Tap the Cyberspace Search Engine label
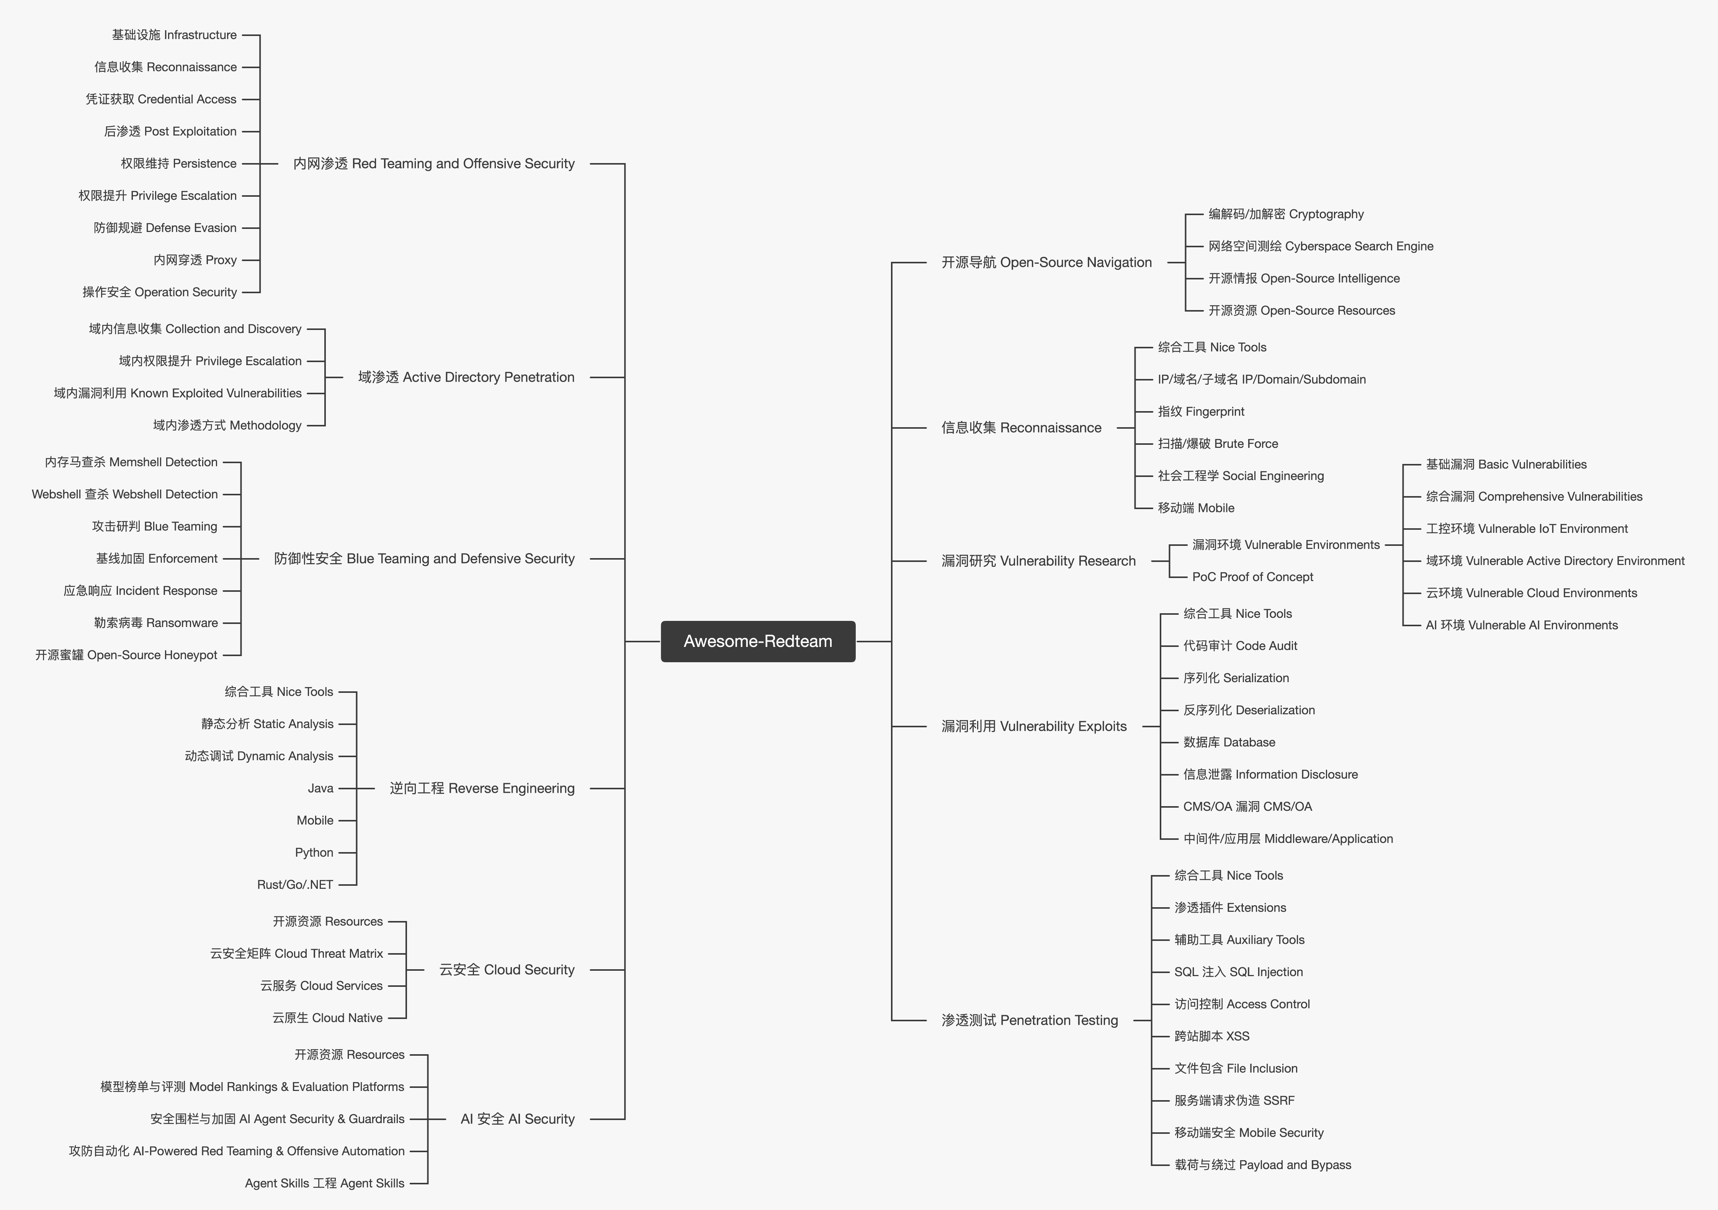click(1321, 246)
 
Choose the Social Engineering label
click(1241, 476)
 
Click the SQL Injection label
click(1238, 972)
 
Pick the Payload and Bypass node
click(1262, 1165)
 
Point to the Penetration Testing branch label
click(1030, 1020)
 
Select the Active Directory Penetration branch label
click(466, 377)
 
